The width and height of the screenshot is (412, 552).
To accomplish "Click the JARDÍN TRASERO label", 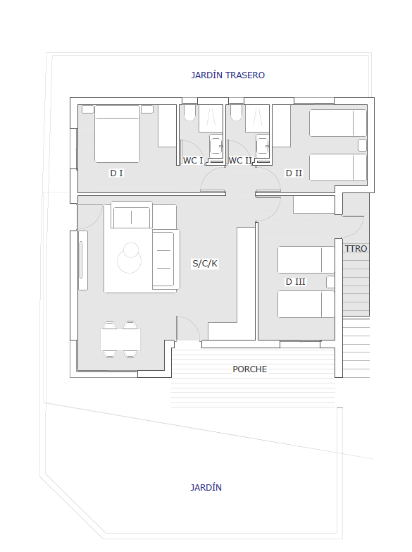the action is coord(227,75).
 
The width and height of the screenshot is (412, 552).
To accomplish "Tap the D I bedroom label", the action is coord(116,173).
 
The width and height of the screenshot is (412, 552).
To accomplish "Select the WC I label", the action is coord(193,161).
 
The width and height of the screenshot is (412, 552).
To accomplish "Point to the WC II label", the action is coord(240,161).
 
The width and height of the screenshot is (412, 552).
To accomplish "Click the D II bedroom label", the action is coord(294,173).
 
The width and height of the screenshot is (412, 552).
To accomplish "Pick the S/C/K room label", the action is coord(205,263).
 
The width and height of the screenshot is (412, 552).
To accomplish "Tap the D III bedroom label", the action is coord(296,281).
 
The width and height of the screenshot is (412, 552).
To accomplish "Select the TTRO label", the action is coord(356,249).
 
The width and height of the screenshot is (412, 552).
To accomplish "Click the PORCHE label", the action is coord(250,369).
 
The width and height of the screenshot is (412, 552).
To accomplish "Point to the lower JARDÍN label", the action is coord(206,488).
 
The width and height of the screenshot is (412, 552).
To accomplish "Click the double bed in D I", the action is coord(117,134).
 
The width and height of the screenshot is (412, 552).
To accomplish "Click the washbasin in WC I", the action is coord(216,145).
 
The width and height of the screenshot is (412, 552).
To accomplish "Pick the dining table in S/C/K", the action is coord(120,339).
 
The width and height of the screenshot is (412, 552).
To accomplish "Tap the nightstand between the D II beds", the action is coord(363,145).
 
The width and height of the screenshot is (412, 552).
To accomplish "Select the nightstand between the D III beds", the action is coord(330,282).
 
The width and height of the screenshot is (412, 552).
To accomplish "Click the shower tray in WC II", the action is coord(257,118).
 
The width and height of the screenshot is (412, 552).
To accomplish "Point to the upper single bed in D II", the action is coord(338,123).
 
